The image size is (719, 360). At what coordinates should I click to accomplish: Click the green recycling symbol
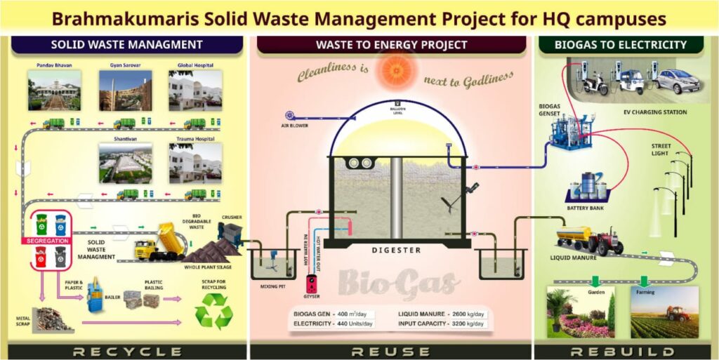click(x=214, y=310)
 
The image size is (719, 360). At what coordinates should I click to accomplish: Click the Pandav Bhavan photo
click(x=54, y=91)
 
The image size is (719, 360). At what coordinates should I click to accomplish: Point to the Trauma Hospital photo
click(x=195, y=163)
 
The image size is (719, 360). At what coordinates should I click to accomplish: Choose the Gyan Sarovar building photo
click(x=125, y=91)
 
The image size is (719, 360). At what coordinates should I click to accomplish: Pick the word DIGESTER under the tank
click(x=397, y=251)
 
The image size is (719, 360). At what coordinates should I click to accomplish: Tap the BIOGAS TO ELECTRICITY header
click(x=620, y=45)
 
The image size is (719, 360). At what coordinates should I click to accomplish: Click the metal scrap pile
click(x=53, y=320)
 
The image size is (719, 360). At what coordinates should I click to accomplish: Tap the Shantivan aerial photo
click(x=125, y=163)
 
